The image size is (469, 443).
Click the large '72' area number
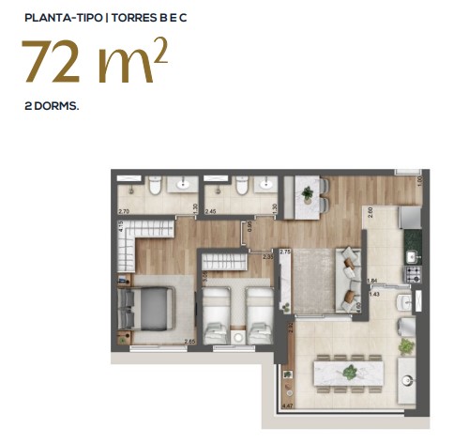55,63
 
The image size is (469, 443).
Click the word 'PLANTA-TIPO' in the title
60,15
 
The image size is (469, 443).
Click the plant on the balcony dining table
350,372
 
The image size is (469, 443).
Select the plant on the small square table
307,194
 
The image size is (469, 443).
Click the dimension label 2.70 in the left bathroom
122,212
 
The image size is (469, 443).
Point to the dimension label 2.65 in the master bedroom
189,342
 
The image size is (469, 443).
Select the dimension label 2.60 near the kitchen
371,212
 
